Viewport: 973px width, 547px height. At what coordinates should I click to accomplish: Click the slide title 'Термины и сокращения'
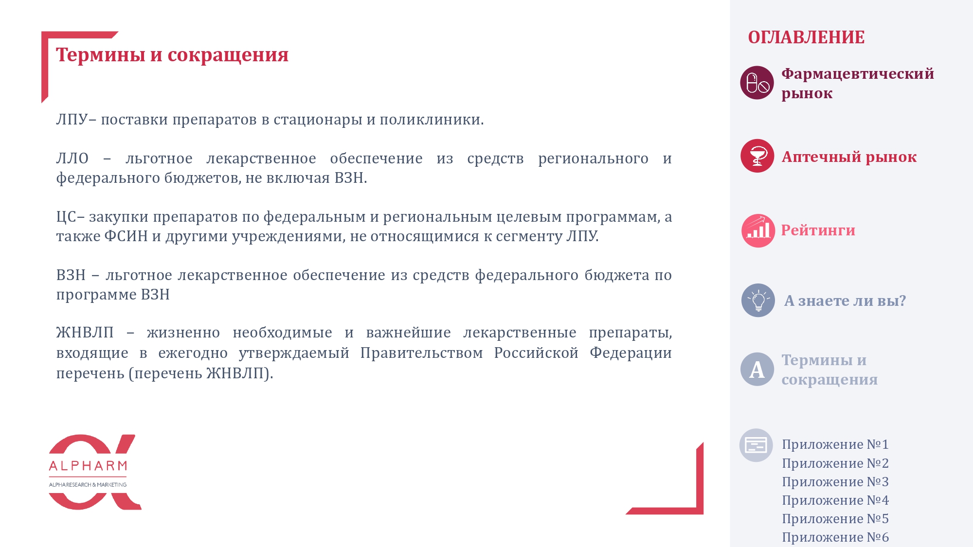click(x=172, y=55)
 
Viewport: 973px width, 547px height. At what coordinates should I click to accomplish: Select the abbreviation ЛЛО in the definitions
click(x=72, y=158)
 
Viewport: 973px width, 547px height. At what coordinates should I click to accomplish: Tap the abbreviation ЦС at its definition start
click(x=66, y=217)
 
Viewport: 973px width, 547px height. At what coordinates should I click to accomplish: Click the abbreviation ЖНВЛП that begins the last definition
click(x=85, y=333)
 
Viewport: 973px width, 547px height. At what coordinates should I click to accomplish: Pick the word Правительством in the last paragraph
click(x=421, y=353)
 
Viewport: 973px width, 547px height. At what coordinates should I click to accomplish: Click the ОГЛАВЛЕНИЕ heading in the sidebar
click(x=806, y=37)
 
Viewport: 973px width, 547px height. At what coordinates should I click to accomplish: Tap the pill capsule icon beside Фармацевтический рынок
click(x=757, y=83)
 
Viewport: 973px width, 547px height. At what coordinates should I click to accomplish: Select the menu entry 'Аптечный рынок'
click(x=849, y=157)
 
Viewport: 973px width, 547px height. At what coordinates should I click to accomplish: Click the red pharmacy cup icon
click(x=757, y=156)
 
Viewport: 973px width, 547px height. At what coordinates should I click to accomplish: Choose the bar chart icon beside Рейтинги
click(x=758, y=230)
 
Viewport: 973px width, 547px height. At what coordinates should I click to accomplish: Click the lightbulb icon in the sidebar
click(x=758, y=300)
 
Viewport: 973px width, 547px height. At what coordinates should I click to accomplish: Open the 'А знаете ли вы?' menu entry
click(x=845, y=300)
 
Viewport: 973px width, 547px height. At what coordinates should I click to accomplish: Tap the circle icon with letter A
click(x=757, y=369)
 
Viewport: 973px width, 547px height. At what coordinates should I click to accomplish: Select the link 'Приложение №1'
click(x=835, y=444)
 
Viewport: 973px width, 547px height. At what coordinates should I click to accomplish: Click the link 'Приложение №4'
click(x=835, y=500)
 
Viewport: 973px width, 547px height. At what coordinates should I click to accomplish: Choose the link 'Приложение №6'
click(x=835, y=537)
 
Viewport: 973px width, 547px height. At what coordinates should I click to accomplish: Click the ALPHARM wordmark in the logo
click(x=88, y=466)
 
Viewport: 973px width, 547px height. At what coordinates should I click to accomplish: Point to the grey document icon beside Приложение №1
click(x=756, y=445)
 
